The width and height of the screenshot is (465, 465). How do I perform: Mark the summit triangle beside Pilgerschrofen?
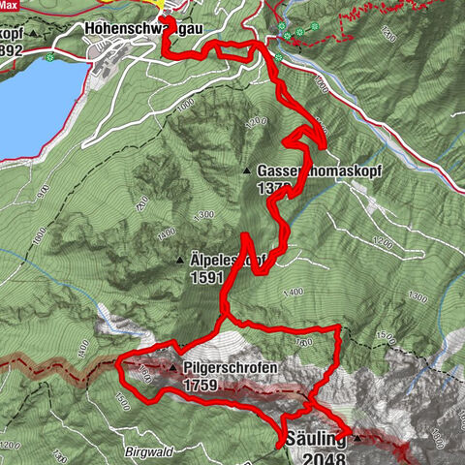pos(173,369)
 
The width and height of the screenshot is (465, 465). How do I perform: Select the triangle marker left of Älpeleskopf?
pos(181,261)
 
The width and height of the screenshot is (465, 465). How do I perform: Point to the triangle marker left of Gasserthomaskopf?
pos(248,170)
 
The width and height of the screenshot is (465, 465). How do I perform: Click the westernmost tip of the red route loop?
pos(117,365)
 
